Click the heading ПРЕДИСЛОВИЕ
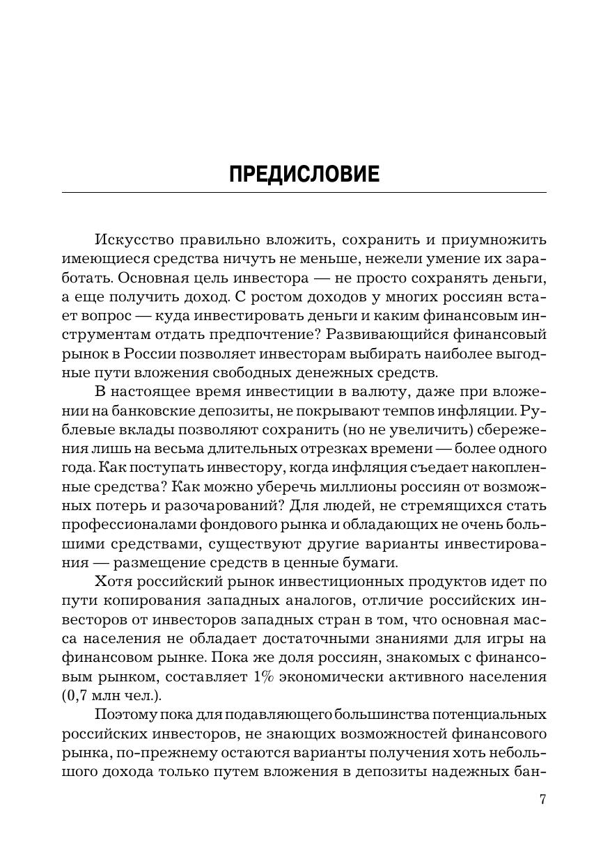(x=304, y=173)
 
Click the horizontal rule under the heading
(x=304, y=192)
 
